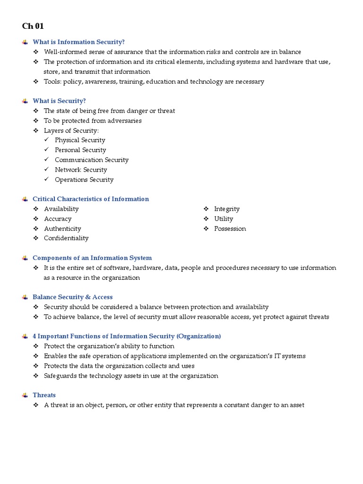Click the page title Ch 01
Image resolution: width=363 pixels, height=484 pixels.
click(x=33, y=26)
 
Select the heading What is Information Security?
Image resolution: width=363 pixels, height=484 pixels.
click(x=78, y=42)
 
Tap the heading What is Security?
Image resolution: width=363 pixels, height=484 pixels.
click(x=59, y=101)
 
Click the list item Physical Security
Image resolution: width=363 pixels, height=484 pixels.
click(x=80, y=140)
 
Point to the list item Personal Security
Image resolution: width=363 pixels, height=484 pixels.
click(x=80, y=150)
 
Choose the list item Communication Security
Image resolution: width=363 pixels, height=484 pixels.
click(x=92, y=160)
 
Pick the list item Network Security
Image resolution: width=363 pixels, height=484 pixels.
click(x=81, y=170)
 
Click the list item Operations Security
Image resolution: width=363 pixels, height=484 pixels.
click(x=84, y=180)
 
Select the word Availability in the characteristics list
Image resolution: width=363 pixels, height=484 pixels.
click(x=61, y=209)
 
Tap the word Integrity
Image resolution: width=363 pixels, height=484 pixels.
click(x=227, y=209)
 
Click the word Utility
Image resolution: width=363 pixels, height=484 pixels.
click(x=224, y=219)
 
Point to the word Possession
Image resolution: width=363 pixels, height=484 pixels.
click(x=230, y=229)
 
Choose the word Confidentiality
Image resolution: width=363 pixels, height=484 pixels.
click(x=66, y=238)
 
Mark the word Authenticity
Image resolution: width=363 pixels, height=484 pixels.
click(x=62, y=229)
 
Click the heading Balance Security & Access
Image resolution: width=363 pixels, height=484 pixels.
click(x=72, y=297)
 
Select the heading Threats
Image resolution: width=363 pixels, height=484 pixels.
click(x=44, y=395)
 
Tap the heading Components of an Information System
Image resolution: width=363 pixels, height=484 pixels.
click(x=92, y=258)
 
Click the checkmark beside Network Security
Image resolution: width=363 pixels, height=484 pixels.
click(x=46, y=170)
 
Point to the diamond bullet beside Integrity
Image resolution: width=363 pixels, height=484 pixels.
click(x=207, y=209)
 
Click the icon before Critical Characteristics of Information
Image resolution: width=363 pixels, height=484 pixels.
click(x=25, y=199)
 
